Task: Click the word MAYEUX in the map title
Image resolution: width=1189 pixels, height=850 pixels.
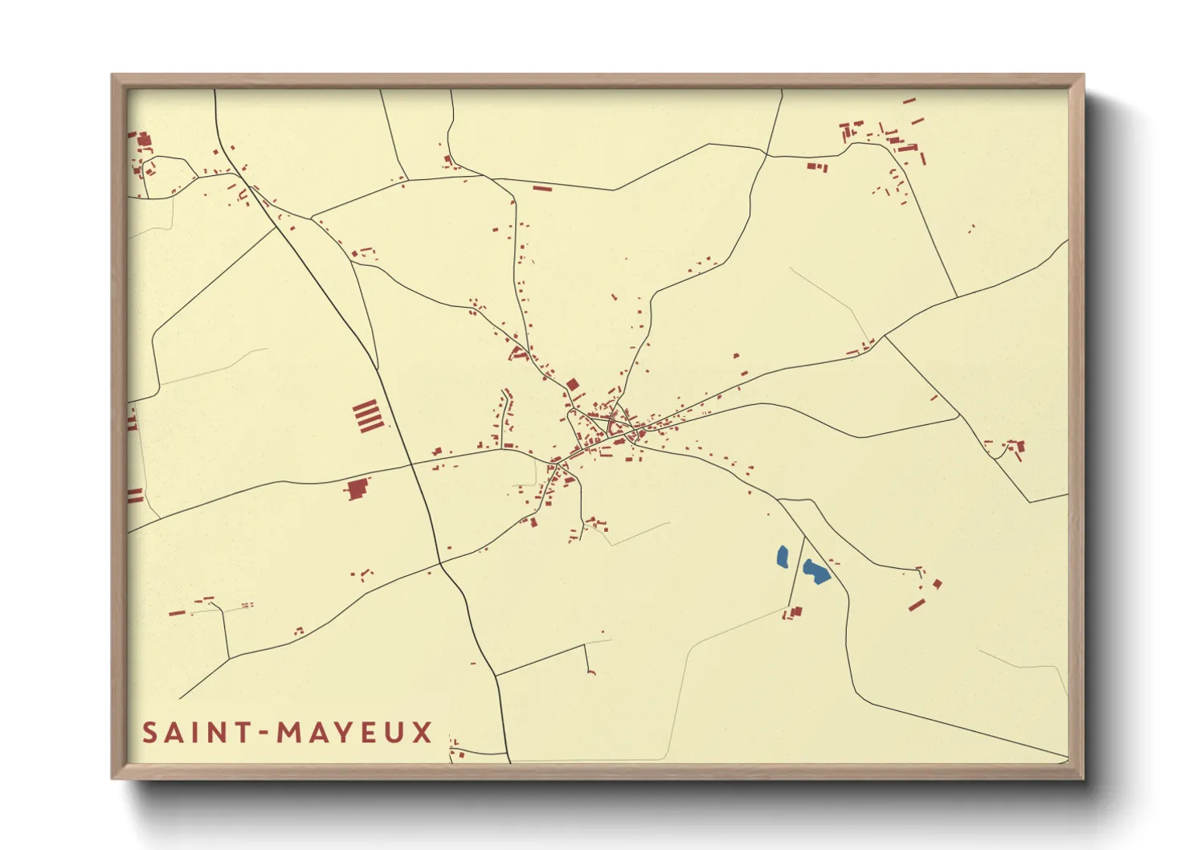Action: pos(354,733)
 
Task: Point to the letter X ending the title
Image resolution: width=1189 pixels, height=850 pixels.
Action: pos(423,733)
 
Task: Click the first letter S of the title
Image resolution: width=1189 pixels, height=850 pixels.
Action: pos(149,733)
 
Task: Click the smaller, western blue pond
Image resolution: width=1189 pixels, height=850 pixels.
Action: pos(782,556)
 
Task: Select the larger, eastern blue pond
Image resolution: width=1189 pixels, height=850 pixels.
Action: pos(815,571)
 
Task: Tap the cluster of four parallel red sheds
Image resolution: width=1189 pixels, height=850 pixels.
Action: pos(367,416)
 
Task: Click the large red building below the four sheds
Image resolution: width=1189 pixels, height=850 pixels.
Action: pos(357,489)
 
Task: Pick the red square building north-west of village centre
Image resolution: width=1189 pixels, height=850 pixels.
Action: pos(573,385)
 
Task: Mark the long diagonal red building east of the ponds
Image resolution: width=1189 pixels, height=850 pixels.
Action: pos(917,604)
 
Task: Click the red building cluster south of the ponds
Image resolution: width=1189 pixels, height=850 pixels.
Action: pos(794,613)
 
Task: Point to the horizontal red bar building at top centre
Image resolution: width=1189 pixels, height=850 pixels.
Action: pos(542,189)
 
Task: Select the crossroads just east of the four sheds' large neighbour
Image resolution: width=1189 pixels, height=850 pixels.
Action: pos(412,464)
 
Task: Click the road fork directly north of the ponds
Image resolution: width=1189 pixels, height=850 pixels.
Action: pos(779,500)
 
